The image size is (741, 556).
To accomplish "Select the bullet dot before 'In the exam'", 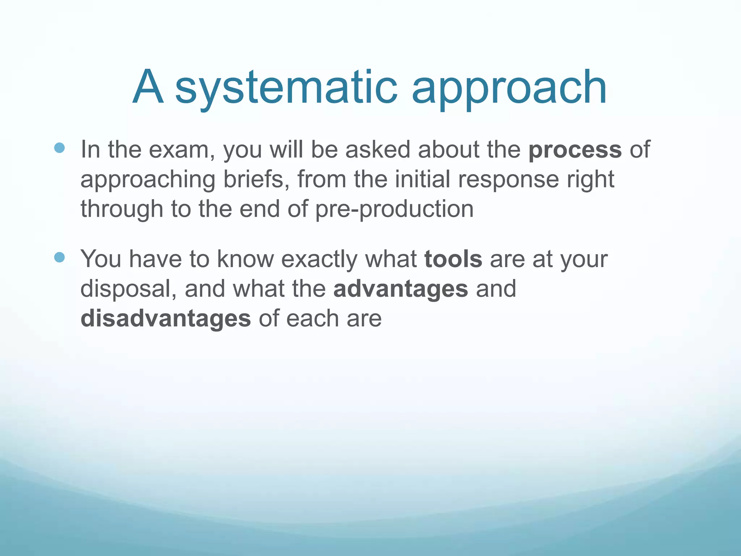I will coord(59,148).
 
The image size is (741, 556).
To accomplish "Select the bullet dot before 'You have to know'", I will coord(59,257).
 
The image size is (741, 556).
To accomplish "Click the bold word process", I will coord(575,150).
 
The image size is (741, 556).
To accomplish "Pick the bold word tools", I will coord(453,259).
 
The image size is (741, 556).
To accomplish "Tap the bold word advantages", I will coord(401,289).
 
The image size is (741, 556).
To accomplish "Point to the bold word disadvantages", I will coord(166,319).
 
